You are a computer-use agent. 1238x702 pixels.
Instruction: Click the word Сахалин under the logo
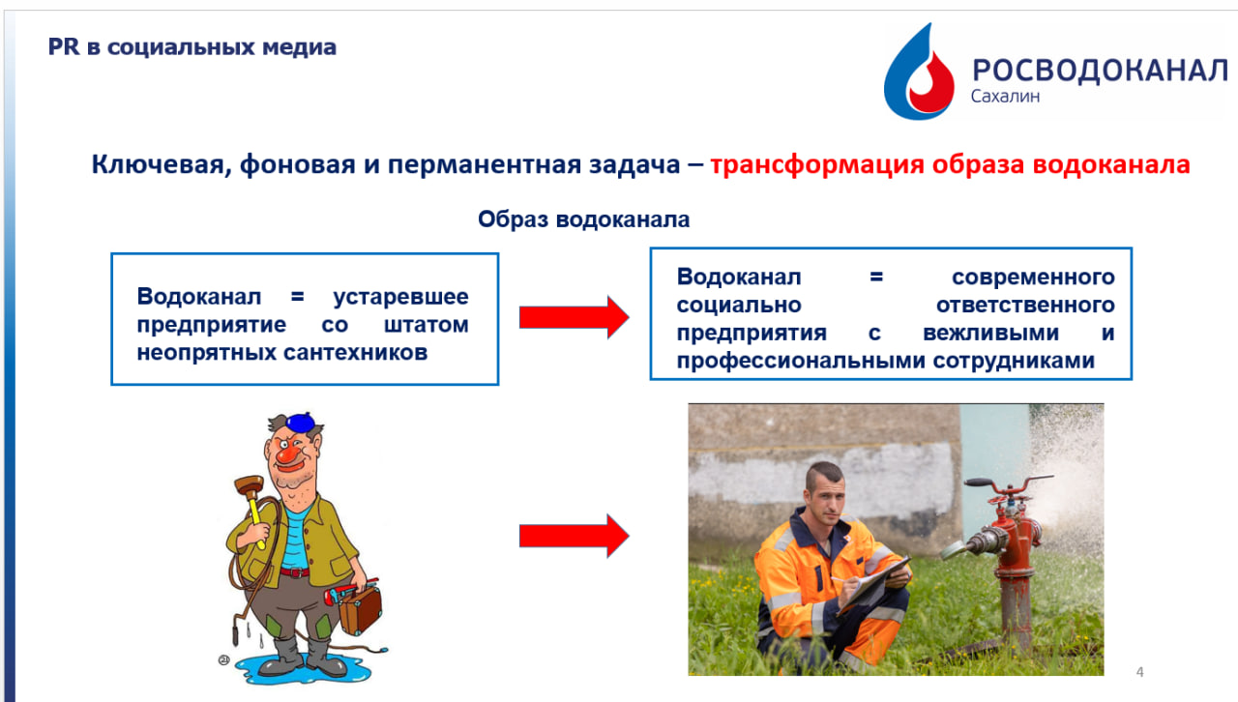pos(1005,96)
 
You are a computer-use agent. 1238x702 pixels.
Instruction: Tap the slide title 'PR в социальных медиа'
pos(192,47)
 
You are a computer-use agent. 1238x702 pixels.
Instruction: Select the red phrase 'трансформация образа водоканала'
pos(950,164)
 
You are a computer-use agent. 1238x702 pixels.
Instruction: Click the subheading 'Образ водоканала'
pos(583,219)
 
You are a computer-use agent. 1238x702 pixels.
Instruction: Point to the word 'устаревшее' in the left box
pos(400,297)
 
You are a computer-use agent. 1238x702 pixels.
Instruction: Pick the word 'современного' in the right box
pos(1033,278)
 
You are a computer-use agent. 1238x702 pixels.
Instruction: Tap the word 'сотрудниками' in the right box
pos(1014,361)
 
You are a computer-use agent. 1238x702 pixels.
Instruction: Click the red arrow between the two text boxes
pos(575,317)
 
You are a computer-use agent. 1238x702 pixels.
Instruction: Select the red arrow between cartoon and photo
pos(575,536)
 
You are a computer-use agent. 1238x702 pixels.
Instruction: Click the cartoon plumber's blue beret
pos(300,423)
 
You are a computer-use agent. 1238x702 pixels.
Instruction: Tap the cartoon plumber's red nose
pos(288,454)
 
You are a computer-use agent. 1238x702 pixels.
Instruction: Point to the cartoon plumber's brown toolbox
pos(361,609)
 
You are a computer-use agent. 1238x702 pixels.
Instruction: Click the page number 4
pos(1139,672)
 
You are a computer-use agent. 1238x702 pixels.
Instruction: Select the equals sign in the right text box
pos(876,277)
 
